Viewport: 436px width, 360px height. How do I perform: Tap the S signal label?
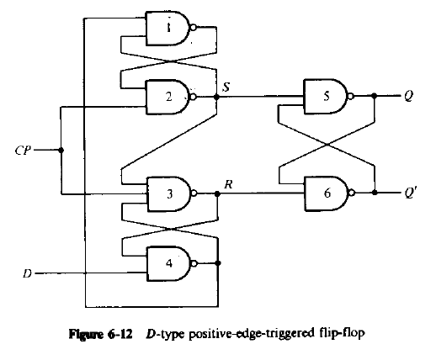pos(226,86)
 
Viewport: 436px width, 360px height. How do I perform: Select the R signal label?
pos(226,182)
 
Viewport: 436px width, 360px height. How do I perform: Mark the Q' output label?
pos(410,193)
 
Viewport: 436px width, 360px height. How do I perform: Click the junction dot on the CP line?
pos(61,151)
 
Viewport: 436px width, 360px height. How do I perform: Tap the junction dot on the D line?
pos(85,273)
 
